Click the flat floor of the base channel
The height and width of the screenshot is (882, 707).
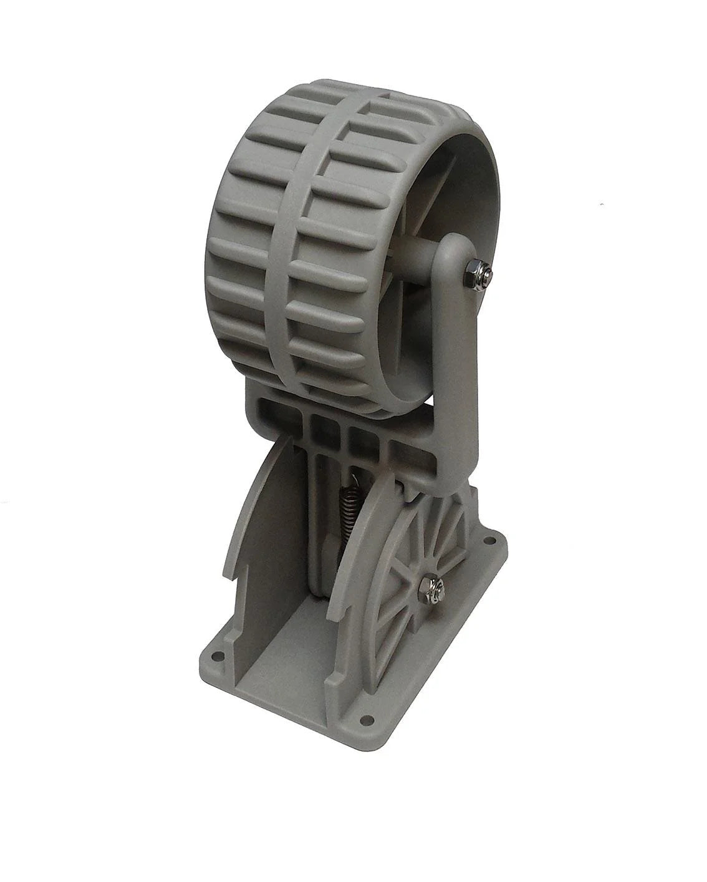click(x=299, y=661)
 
